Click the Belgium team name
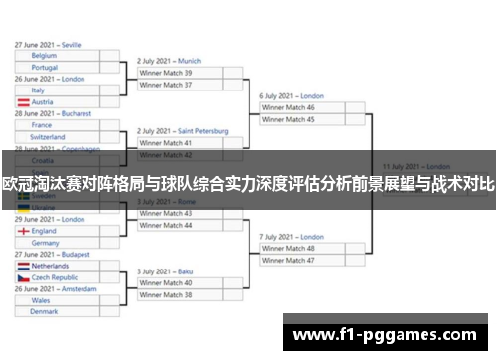45,56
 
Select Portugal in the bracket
45,68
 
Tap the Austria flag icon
22,102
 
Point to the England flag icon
22,231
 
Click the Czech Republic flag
22,278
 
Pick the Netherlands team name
51,267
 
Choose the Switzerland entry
49,137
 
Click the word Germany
46,243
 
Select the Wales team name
41,299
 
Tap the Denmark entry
45,311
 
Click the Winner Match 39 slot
166,73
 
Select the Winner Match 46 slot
287,107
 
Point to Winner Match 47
287,260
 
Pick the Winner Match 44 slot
166,225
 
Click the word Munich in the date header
189,61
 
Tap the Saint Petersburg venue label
203,131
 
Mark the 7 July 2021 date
279,237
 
